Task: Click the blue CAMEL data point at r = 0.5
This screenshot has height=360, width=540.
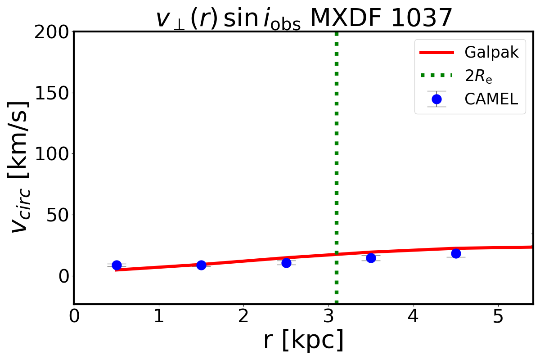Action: pos(117,265)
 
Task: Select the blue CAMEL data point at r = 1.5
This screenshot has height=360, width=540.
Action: pos(201,265)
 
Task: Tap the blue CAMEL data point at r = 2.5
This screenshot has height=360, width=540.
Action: pos(286,263)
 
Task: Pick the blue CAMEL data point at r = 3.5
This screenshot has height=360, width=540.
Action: pos(371,258)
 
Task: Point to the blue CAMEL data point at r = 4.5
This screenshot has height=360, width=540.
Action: pos(456,253)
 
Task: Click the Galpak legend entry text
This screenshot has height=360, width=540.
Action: pos(491,53)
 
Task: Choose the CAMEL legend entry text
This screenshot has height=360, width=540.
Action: pos(491,99)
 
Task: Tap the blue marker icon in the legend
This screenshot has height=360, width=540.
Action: pos(436,99)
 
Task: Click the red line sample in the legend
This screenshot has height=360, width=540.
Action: pos(436,53)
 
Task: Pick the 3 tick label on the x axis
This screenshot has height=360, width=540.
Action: pos(328,316)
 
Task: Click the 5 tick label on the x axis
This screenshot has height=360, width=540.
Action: pos(498,316)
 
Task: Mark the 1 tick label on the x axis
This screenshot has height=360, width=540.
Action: pos(159,316)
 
